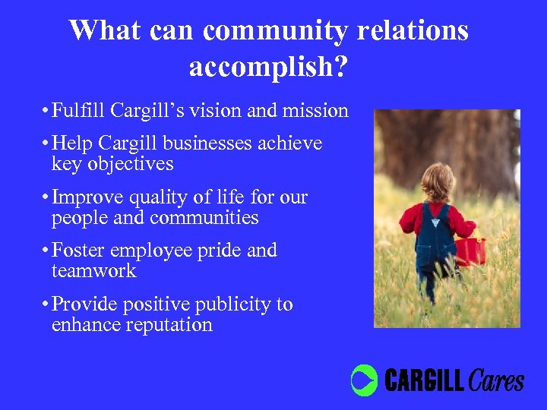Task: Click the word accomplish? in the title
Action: coord(268,68)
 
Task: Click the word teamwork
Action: coord(93,271)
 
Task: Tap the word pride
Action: coord(219,251)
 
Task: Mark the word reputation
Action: coord(171,326)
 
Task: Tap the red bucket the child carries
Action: coord(471,251)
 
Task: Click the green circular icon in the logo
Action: coord(364,380)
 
